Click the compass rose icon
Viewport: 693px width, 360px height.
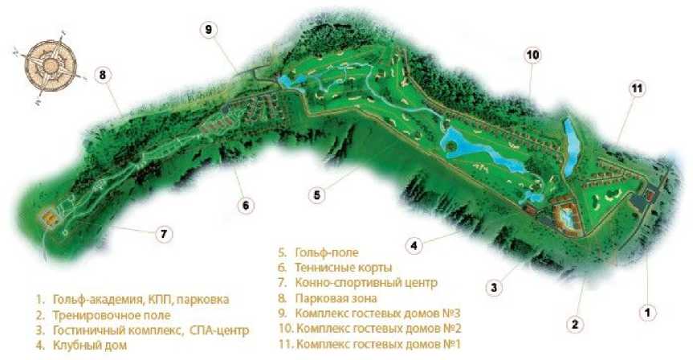click(x=50, y=65)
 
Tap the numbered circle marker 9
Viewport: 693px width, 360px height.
click(x=209, y=30)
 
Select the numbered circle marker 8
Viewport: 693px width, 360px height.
click(x=103, y=76)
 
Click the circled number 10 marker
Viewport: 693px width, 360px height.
click(x=533, y=55)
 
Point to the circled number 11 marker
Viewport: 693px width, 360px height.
click(x=637, y=89)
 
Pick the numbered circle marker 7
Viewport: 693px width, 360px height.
click(x=164, y=234)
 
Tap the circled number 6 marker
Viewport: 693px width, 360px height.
click(x=246, y=205)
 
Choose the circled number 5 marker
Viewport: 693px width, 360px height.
click(x=317, y=194)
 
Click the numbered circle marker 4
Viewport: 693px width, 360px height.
click(x=414, y=245)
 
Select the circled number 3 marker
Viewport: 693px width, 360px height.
click(x=494, y=288)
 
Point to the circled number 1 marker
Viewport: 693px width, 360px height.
click(x=647, y=313)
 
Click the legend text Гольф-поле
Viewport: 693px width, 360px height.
click(x=327, y=253)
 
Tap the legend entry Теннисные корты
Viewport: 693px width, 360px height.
click(x=344, y=268)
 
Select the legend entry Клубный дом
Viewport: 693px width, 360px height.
click(x=90, y=345)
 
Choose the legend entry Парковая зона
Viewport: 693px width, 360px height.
click(x=336, y=298)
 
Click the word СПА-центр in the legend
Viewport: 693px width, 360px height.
click(x=219, y=330)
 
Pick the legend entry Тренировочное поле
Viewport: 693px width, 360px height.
click(x=112, y=315)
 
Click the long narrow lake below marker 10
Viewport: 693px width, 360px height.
click(x=572, y=147)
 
